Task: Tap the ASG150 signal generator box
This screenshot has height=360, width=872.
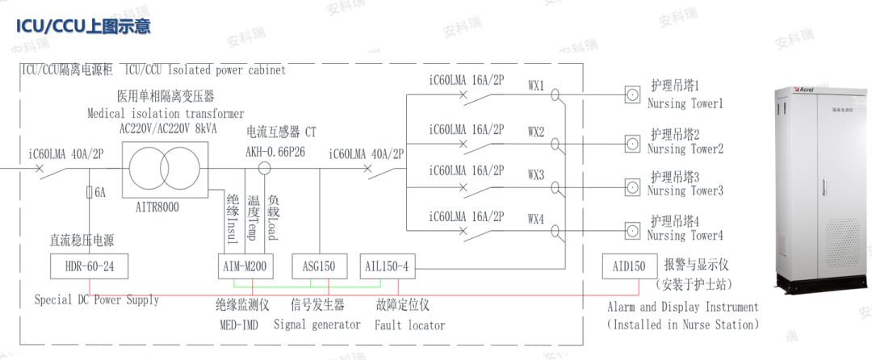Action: tap(319, 266)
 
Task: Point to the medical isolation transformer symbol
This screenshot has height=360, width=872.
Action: tap(165, 170)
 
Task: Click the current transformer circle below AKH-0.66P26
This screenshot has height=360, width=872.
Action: tap(263, 170)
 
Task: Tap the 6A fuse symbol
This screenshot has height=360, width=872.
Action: tap(90, 193)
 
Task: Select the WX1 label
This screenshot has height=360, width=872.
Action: tap(536, 85)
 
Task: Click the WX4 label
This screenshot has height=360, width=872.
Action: tap(536, 219)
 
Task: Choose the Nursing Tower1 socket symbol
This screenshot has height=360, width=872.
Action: tap(634, 94)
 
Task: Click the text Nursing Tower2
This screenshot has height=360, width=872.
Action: tap(685, 149)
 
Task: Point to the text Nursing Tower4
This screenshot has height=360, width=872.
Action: tap(685, 237)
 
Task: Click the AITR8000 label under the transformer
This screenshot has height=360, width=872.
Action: tap(153, 207)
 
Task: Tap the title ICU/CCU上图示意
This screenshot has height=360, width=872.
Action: tap(84, 26)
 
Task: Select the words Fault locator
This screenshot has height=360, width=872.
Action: tap(409, 325)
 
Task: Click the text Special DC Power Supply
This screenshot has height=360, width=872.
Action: tap(97, 300)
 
